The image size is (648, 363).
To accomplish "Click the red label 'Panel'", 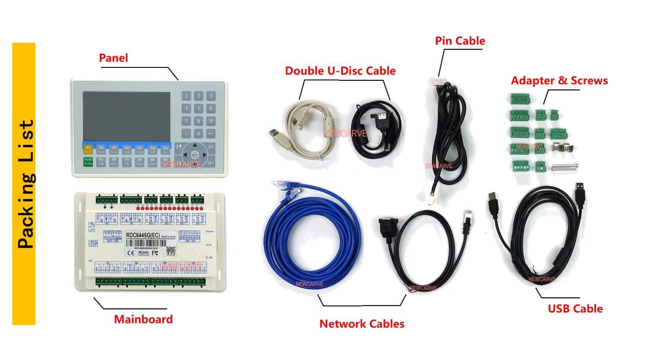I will [114, 58].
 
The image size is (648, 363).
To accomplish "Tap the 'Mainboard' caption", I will [143, 319].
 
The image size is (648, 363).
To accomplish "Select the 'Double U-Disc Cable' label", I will [340, 71].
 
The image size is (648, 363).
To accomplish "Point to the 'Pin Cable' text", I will [460, 41].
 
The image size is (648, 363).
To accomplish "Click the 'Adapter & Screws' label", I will [559, 81].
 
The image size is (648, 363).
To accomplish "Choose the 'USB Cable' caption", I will [575, 309].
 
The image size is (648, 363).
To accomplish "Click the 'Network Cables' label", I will [362, 324].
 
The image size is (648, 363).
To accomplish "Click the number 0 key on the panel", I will [199, 134].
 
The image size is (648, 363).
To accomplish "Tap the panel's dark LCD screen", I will [127, 116].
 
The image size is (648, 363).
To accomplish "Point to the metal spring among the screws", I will [565, 166].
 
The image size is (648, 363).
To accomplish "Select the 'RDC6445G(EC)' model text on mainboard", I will [143, 235].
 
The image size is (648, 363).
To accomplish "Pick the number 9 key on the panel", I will [211, 121].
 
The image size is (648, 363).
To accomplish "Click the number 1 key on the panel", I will [187, 96].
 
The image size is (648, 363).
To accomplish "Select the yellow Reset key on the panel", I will [88, 150].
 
